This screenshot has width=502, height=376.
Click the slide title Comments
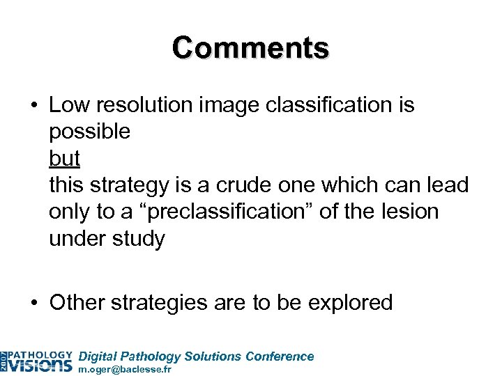250,48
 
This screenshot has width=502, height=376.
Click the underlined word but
64,159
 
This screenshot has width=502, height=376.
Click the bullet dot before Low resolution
33,107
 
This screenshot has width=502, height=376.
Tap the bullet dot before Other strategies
33,303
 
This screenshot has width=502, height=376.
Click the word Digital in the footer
98,356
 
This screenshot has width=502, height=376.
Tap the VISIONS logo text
41,364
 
